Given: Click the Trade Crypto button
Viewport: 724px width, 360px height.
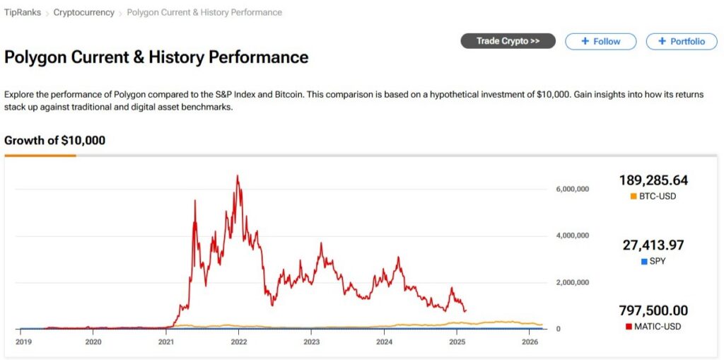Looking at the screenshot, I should point(508,41).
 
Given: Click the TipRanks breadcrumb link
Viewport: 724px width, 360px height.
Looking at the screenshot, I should point(23,13).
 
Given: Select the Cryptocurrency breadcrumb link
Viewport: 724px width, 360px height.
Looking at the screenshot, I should point(83,13).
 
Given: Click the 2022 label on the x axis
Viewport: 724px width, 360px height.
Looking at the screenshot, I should point(238,342).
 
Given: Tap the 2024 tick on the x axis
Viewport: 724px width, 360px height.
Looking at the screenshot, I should point(384,342).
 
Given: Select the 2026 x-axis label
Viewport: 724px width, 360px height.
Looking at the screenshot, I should point(530,342).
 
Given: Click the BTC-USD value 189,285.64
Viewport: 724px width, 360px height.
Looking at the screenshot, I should point(653,180).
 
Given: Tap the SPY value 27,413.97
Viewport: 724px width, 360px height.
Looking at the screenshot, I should point(653,245).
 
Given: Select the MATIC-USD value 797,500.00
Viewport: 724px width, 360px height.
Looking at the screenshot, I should point(653,310).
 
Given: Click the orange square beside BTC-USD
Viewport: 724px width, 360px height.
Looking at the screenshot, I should point(633,196).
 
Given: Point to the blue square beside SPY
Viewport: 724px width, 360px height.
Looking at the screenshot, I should point(644,262).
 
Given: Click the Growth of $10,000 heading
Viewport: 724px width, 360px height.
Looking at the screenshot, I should point(54,140).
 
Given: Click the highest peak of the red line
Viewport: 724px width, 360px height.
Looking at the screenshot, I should point(238,175).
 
